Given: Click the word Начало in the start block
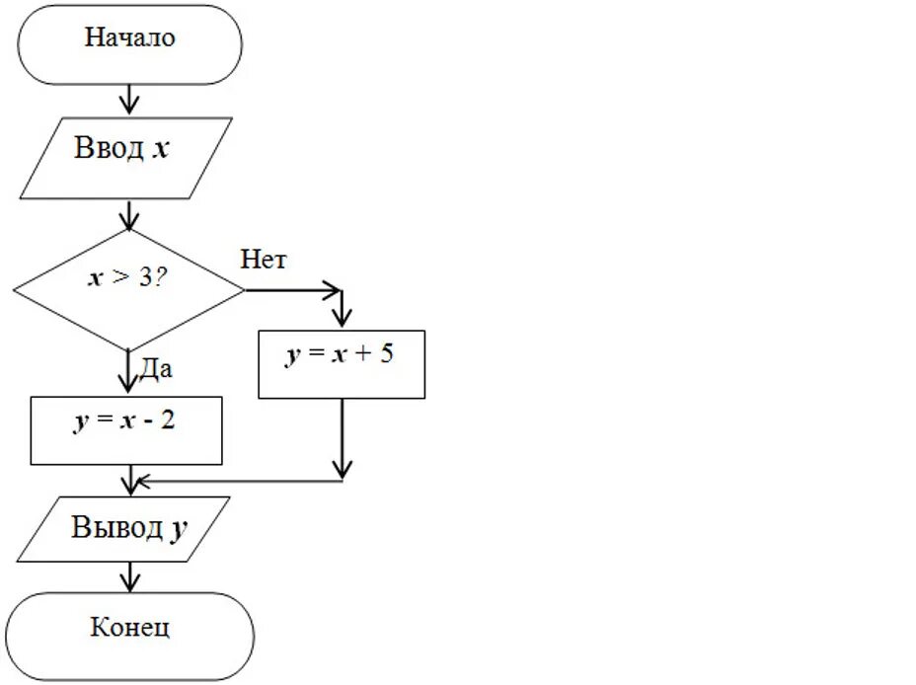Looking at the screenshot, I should [129, 38].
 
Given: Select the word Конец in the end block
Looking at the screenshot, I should [129, 628].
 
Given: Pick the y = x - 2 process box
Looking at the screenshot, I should [126, 430].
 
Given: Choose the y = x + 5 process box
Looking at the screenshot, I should [342, 364].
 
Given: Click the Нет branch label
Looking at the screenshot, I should [263, 261].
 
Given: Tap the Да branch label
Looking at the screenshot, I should [156, 369].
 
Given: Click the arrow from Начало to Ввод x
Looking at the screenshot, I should [128, 100].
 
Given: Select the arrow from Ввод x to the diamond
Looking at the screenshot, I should [128, 215].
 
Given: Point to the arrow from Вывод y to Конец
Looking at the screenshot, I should [128, 576].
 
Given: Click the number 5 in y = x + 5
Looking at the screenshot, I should [385, 354].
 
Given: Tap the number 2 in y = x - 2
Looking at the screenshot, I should [170, 421].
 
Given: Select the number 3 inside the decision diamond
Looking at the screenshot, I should [145, 278].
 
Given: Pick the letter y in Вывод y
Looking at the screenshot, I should [178, 529].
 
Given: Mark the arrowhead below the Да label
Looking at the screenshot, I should [128, 385].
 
